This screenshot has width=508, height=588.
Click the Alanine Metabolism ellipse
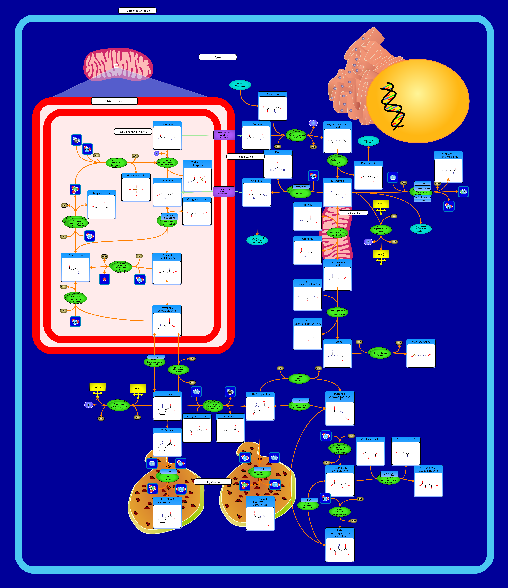[x=240, y=85]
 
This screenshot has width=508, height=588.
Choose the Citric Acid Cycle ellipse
[x=368, y=141]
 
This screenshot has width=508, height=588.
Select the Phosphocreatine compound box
[x=421, y=354]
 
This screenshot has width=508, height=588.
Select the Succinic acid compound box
[x=230, y=428]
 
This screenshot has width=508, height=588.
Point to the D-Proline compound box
[x=167, y=442]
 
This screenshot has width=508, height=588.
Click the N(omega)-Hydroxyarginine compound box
[x=448, y=167]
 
